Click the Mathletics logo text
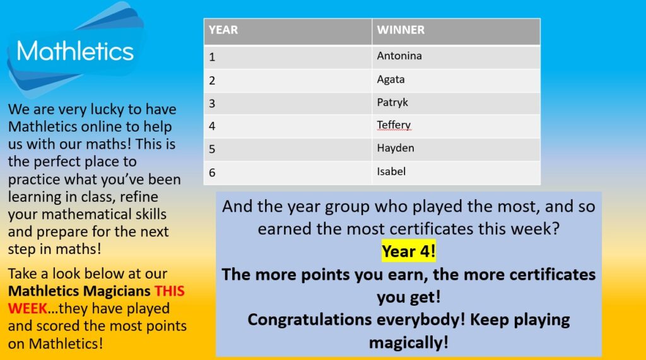click(x=75, y=51)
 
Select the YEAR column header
click(x=223, y=30)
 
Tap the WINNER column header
click(x=401, y=30)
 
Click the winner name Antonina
click(x=399, y=55)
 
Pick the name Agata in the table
click(x=391, y=79)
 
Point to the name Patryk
click(x=392, y=103)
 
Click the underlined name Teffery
click(x=394, y=125)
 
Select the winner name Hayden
click(x=396, y=148)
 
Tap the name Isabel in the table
click(x=391, y=171)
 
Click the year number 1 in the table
click(x=212, y=57)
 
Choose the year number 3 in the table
click(x=212, y=103)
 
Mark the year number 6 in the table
click(x=212, y=173)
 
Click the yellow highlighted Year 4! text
click(x=408, y=251)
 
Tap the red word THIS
click(x=169, y=291)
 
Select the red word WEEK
click(x=27, y=308)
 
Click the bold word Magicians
click(x=117, y=291)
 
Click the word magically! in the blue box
click(x=408, y=343)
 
